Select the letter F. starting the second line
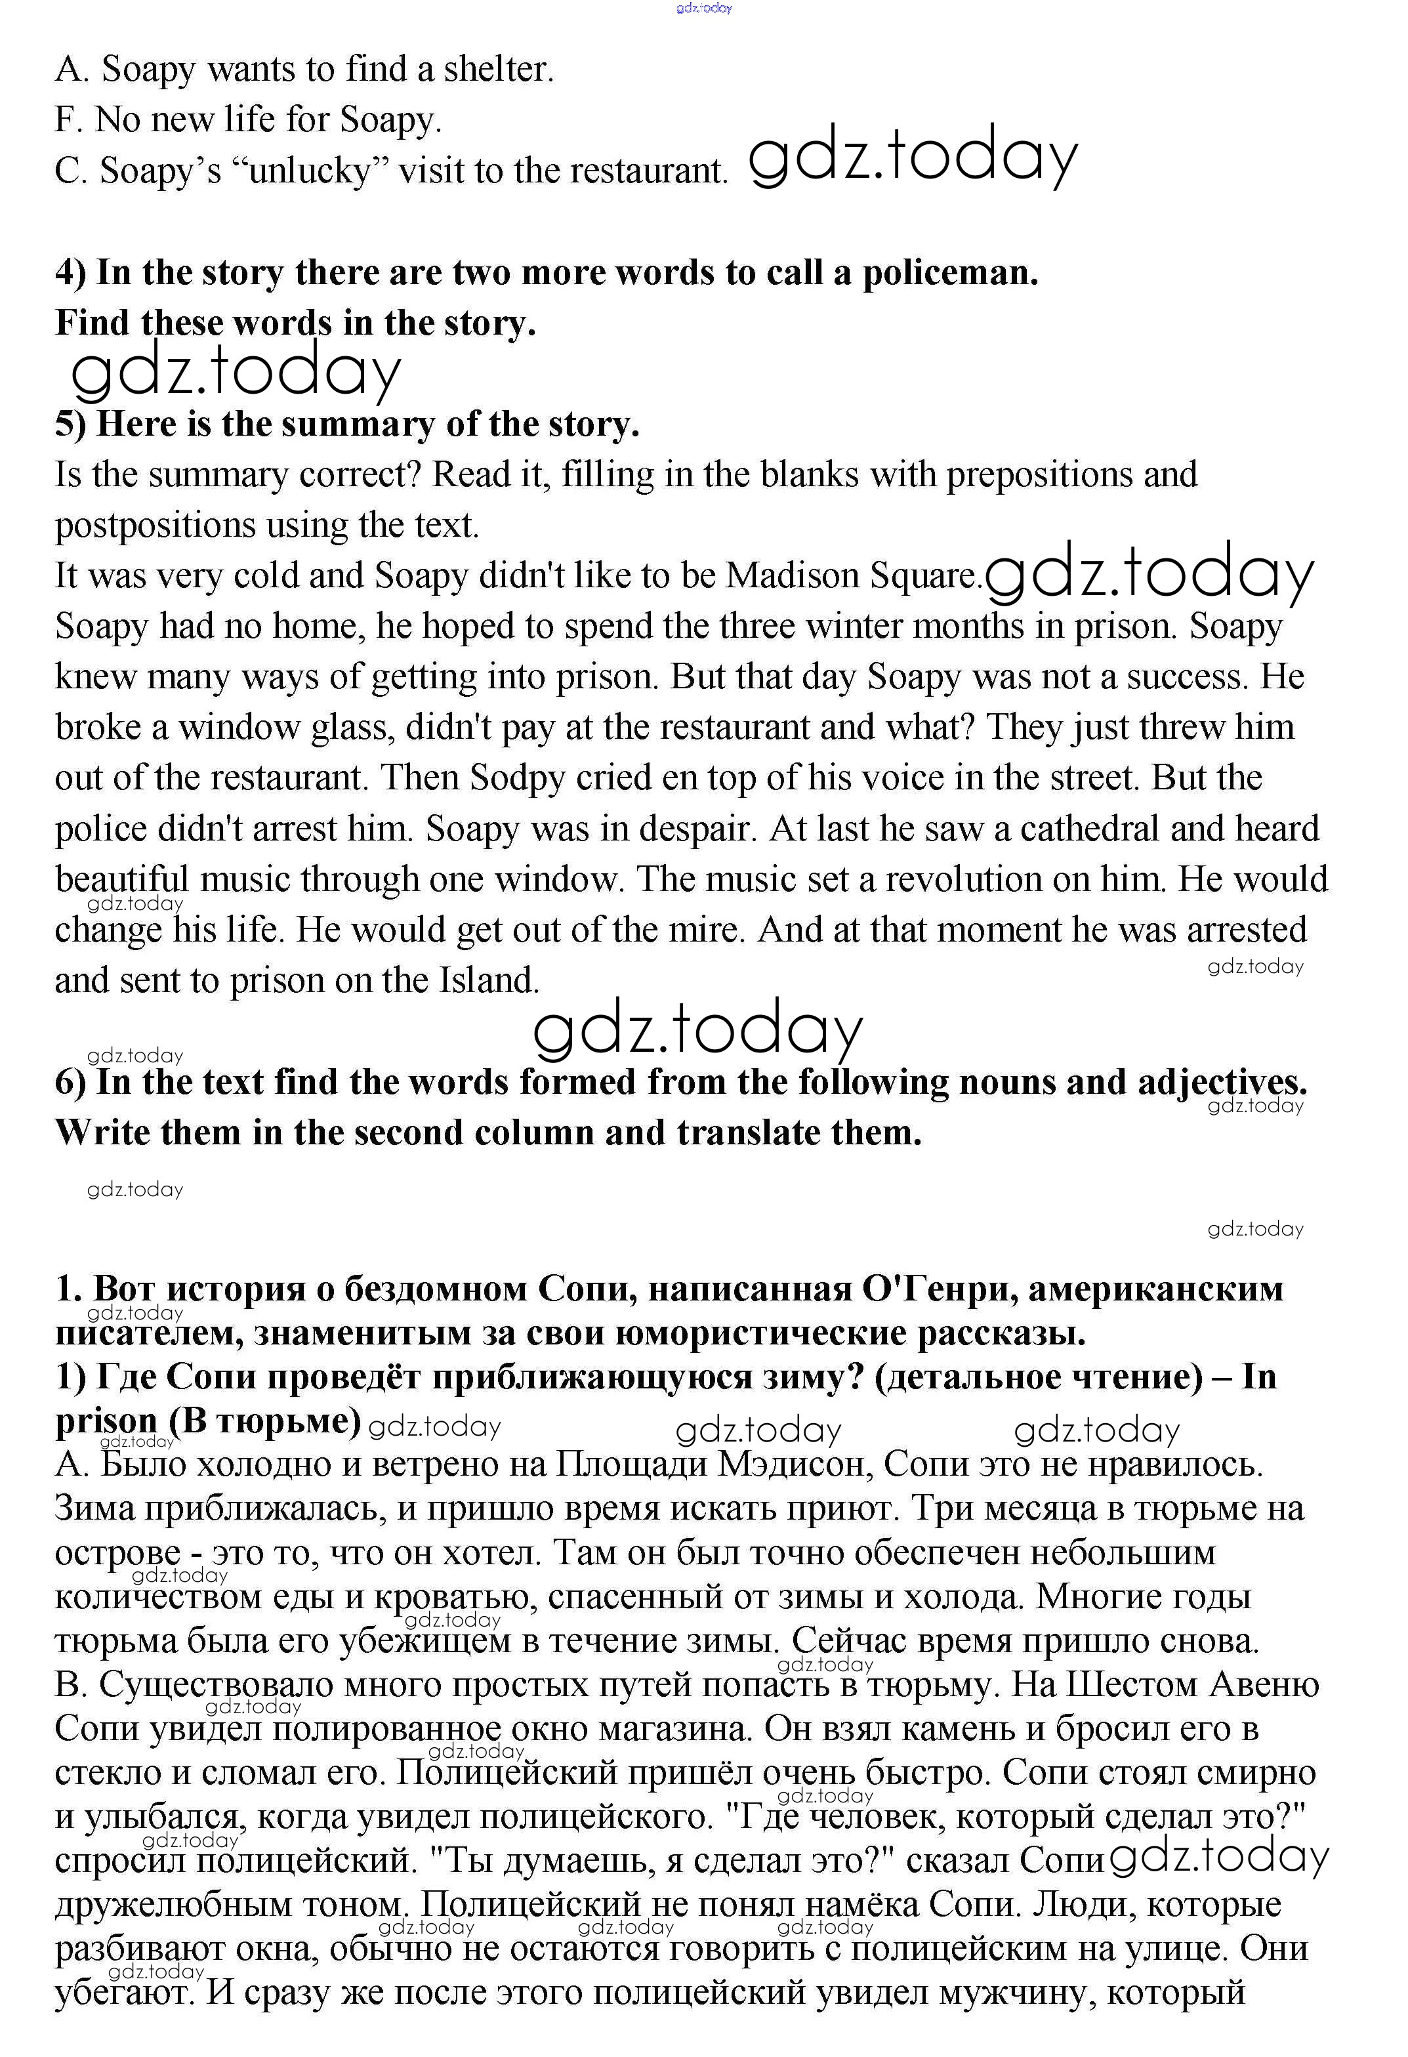point(68,119)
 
